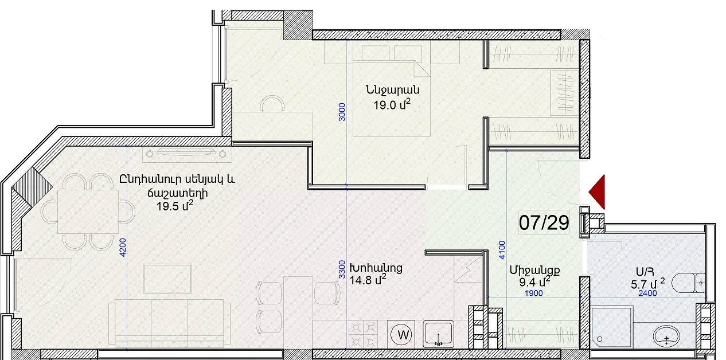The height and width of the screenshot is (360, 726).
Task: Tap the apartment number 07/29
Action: pyautogui.click(x=544, y=222)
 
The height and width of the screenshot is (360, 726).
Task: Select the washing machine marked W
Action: pyautogui.click(x=402, y=334)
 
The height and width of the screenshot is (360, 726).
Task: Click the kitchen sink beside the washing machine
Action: pyautogui.click(x=438, y=334)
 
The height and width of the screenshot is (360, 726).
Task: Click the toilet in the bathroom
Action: pyautogui.click(x=688, y=284)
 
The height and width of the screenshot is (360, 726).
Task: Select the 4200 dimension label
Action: pyautogui.click(x=123, y=248)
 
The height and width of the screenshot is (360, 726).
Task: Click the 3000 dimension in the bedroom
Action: pyautogui.click(x=342, y=112)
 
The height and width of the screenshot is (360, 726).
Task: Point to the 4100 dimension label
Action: pyautogui.click(x=502, y=250)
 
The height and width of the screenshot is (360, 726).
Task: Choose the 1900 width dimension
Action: pyautogui.click(x=533, y=294)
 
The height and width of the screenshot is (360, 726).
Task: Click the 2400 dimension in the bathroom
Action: pyautogui.click(x=647, y=294)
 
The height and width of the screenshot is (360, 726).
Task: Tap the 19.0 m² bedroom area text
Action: pyautogui.click(x=392, y=104)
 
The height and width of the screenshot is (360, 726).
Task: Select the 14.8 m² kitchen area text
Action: pyautogui.click(x=368, y=279)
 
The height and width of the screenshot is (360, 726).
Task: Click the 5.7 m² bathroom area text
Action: pyautogui.click(x=647, y=284)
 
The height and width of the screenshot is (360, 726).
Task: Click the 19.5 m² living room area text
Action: pyautogui.click(x=175, y=205)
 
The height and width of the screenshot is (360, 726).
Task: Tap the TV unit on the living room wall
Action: pyautogui.click(x=187, y=154)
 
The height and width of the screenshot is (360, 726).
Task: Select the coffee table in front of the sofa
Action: pyautogui.click(x=167, y=279)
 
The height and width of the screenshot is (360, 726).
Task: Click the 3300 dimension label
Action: pyautogui.click(x=342, y=269)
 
